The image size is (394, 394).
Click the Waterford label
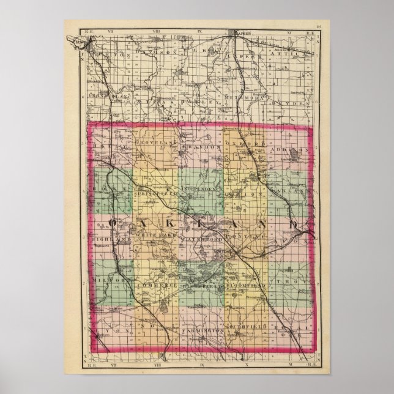click(x=199, y=236)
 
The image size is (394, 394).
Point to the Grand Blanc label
click(x=109, y=96)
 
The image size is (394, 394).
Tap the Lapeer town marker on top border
click(x=236, y=31)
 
